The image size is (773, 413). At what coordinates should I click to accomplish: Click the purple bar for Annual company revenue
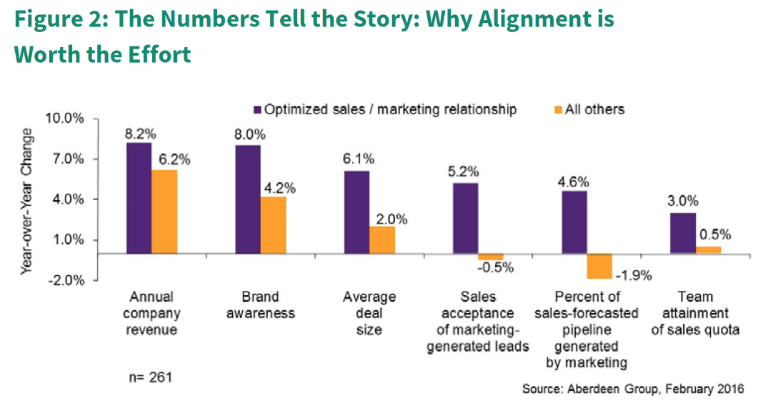[x=139, y=198]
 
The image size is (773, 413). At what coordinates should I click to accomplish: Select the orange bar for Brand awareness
[x=273, y=225]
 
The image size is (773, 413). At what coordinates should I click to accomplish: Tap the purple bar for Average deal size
[x=356, y=212]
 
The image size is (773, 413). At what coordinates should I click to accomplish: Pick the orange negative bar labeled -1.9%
[x=599, y=266]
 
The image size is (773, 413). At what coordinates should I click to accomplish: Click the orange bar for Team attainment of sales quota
[x=708, y=249]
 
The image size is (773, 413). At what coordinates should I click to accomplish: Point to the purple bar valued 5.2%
[x=466, y=218]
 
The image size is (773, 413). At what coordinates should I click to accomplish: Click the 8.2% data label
[x=139, y=134]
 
